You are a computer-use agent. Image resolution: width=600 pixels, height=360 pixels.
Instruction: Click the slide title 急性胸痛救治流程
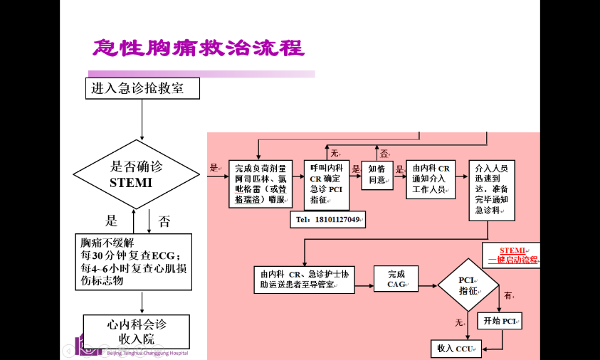pos(199,48)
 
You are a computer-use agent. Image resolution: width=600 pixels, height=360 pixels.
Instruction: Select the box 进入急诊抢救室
pos(142,89)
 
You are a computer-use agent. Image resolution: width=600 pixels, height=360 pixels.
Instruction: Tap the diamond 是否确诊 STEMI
pos(137,174)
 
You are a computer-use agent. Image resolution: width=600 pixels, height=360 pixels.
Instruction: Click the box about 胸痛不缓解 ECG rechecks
pos(134,261)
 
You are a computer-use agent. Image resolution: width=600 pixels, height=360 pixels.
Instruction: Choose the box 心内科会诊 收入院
pos(137,331)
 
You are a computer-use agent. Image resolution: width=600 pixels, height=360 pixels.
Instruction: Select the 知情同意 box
pos(377,175)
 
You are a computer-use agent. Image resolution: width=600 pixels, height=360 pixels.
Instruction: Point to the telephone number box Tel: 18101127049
pos(327,220)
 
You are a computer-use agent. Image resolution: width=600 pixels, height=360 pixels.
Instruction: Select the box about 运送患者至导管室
pos(305,280)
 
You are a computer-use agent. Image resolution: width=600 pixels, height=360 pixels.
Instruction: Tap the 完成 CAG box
pos(396,279)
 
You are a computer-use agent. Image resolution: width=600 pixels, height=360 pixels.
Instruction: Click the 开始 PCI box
pos(500,321)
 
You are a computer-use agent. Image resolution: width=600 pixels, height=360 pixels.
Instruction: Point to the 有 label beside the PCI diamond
pos(508,295)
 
